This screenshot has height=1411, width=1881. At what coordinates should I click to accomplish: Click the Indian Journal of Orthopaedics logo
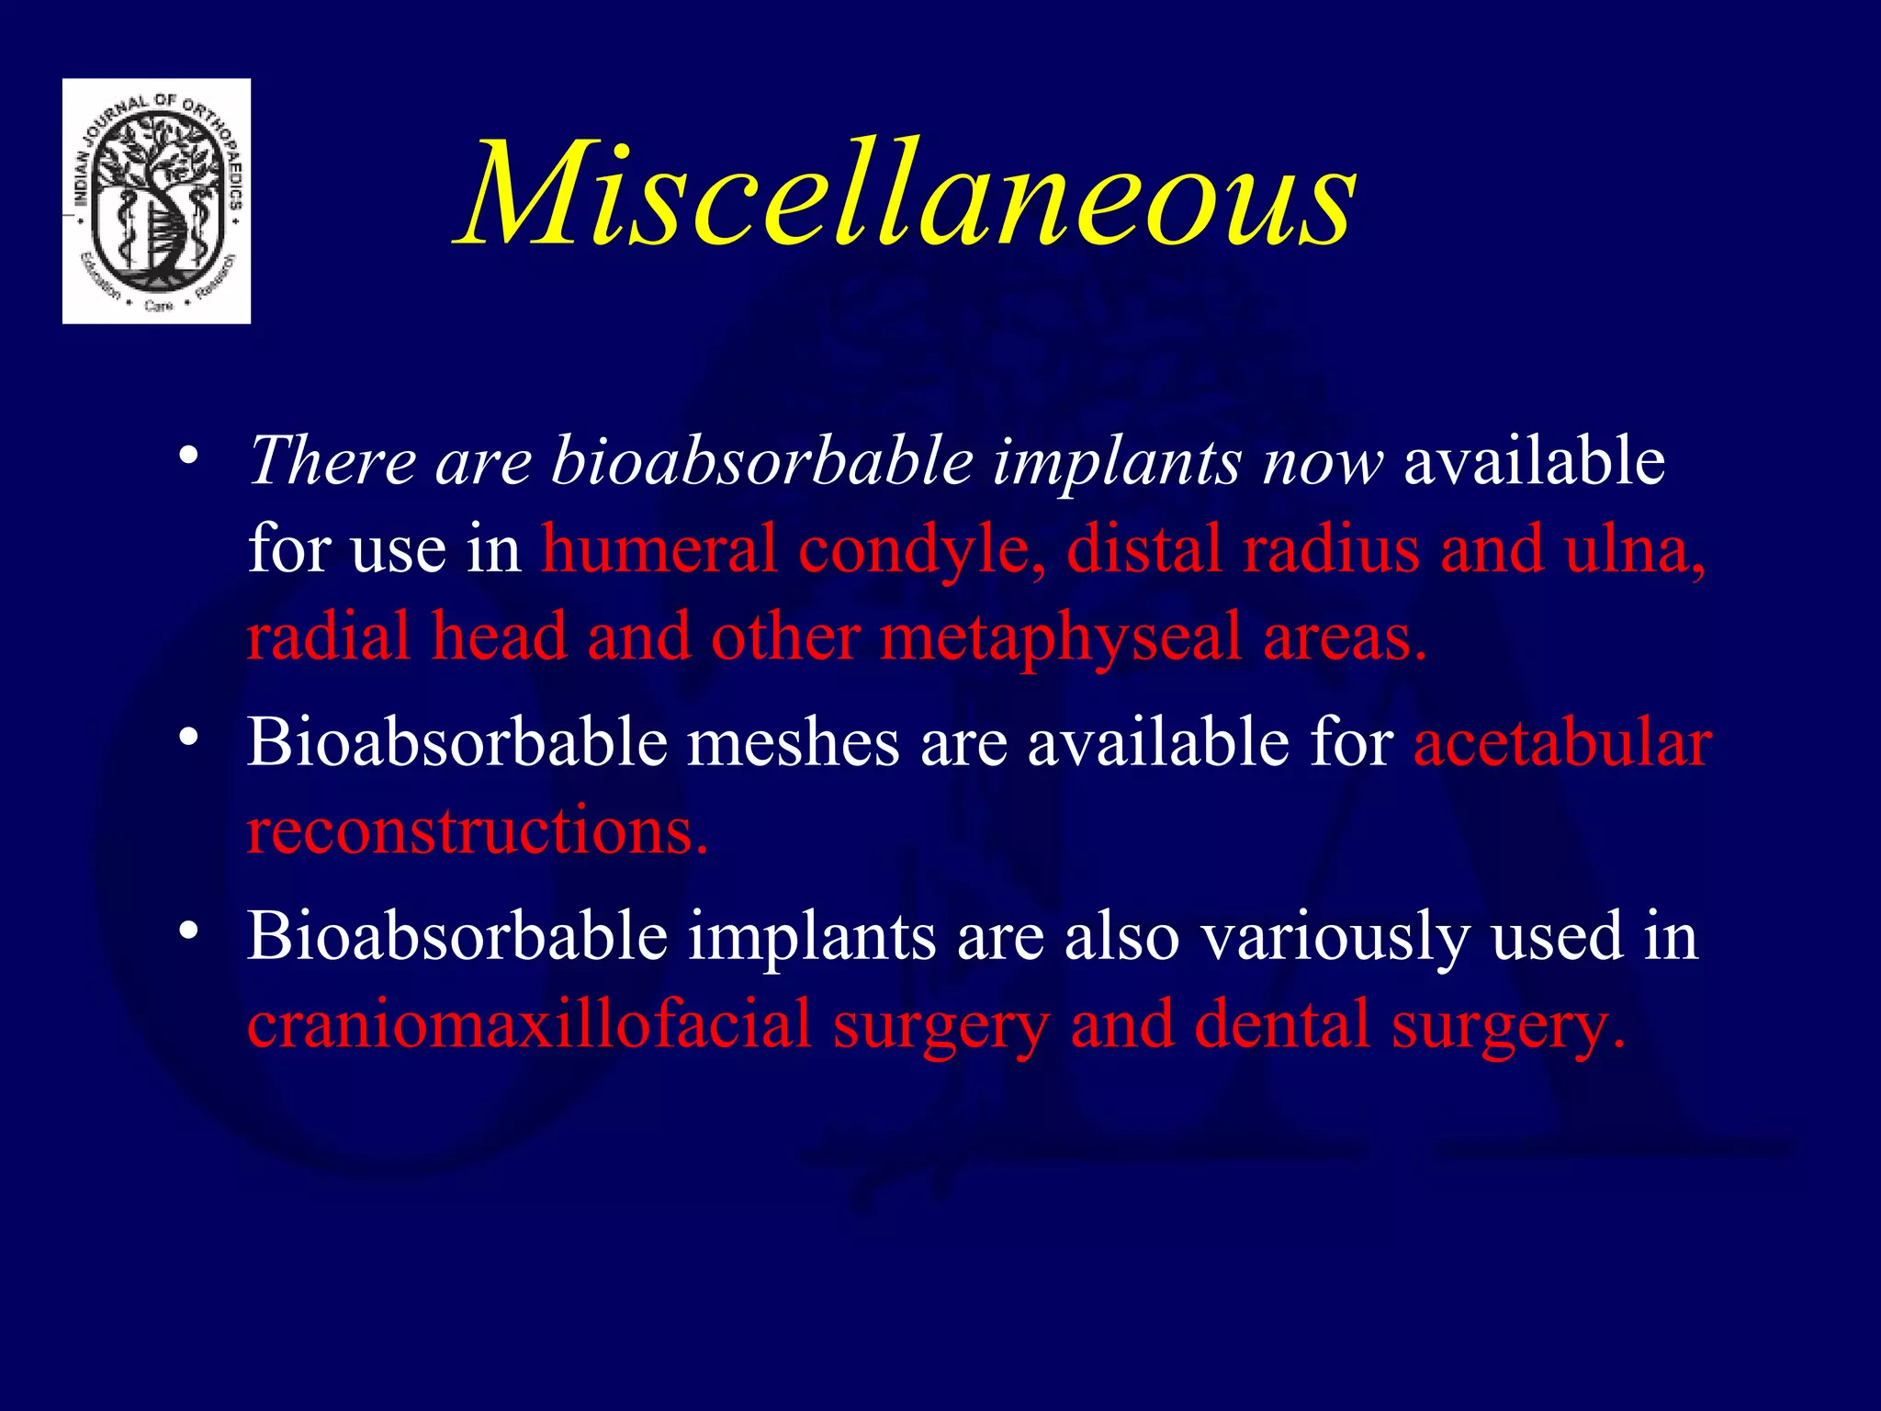157,201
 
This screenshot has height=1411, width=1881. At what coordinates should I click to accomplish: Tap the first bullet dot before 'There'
189,456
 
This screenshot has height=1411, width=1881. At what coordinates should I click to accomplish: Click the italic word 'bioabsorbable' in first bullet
761,460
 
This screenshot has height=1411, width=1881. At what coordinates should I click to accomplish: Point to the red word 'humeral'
659,548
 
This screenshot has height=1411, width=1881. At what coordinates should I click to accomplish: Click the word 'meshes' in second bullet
794,742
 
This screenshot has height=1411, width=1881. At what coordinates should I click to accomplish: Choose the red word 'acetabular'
1561,742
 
